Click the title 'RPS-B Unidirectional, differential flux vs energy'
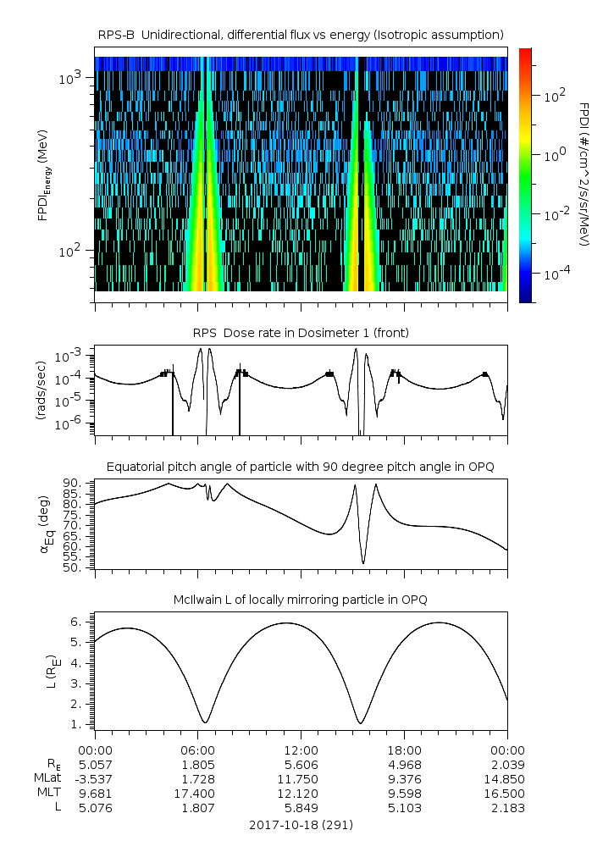pos(301,34)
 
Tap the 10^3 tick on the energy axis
pos(69,78)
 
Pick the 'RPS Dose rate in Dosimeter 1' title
pos(301,333)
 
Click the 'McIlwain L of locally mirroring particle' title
pos(301,600)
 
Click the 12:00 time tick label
pos(301,750)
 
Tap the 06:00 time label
pos(197,750)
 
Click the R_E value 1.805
pos(197,765)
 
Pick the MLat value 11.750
pos(301,779)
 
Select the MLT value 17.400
pos(197,794)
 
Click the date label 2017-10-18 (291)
pos(301,824)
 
